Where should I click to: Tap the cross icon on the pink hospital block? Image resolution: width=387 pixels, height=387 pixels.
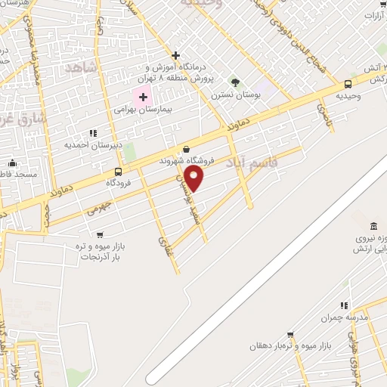143,97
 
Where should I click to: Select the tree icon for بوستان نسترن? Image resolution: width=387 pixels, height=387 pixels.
235,82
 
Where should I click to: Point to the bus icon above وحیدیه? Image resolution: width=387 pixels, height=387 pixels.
347,85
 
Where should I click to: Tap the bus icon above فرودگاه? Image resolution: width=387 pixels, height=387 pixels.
117,172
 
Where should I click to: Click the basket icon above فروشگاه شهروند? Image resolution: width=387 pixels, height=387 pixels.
187,150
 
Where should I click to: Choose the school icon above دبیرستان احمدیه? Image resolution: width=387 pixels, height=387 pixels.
93,133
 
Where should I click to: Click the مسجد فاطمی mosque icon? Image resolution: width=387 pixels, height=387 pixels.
11,163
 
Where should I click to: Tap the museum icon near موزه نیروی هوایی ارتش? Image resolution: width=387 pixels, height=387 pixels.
373,227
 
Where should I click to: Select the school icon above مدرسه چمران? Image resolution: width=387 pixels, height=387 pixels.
345,305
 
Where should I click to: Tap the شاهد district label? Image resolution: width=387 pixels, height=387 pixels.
82,67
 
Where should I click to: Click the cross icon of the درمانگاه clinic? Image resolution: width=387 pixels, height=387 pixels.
175,55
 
